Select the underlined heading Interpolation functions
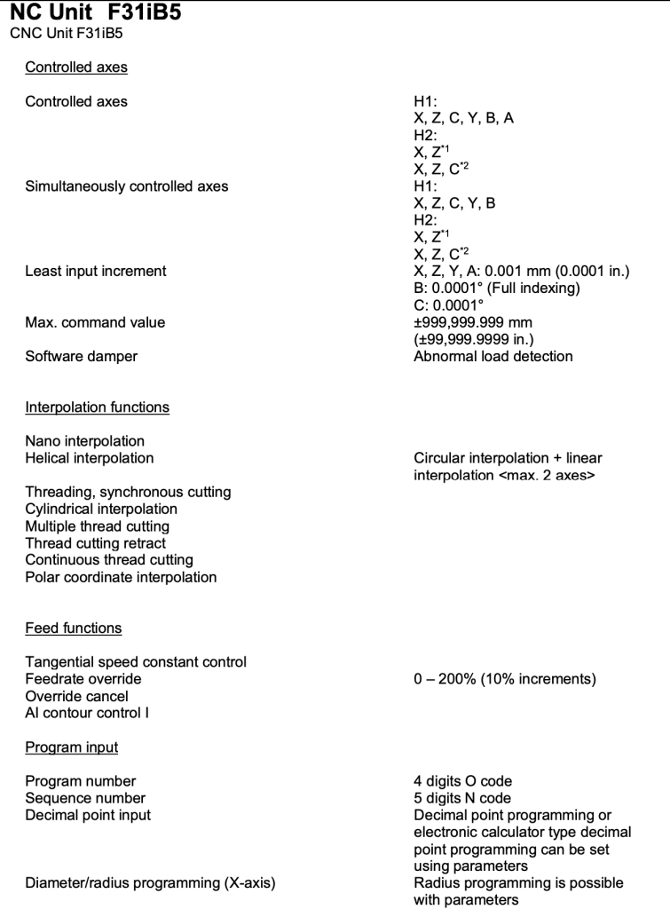pos(97,407)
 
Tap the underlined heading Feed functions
pos(73,628)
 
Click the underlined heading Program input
pos(71,747)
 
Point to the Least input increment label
pos(95,272)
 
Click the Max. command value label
pos(94,322)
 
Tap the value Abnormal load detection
pos(493,356)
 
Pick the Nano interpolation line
pos(84,441)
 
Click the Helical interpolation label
pos(89,458)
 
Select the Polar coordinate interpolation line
pos(121,577)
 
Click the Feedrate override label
pos(83,679)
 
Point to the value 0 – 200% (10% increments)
pos(505,679)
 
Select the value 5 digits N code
pos(462,798)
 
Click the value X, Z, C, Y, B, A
pos(464,119)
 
